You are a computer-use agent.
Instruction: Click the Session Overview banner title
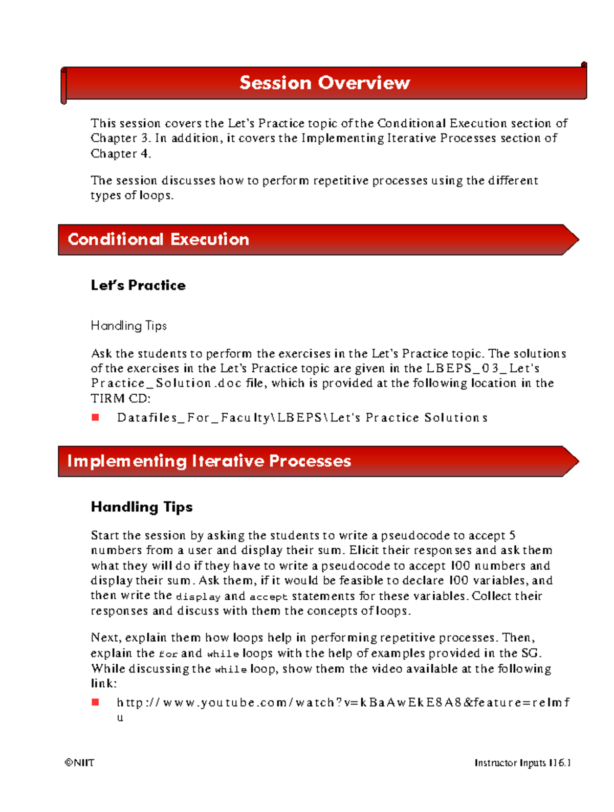pos(324,83)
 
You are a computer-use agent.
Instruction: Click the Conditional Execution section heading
pos(158,239)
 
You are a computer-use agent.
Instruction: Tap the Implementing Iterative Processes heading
pos(209,461)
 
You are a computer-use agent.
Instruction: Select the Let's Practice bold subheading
pos(138,285)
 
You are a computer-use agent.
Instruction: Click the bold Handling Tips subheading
pos(142,507)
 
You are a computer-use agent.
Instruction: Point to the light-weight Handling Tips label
pos(128,326)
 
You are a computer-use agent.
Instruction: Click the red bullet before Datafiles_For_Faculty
pos(95,418)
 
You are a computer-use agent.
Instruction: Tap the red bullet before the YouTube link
pos(95,703)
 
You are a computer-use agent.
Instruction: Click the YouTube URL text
pos(343,703)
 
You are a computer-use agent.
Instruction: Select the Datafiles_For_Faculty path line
pos(302,418)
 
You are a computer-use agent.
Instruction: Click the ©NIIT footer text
pos(79,763)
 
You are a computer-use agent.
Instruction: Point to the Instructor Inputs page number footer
pos(522,763)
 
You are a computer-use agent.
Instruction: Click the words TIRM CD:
pos(121,398)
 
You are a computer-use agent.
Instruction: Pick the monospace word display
pos(198,597)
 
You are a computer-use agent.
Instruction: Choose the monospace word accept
pos(268,597)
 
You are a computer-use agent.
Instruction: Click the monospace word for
pos(168,654)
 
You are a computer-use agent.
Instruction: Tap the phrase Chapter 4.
pos(121,153)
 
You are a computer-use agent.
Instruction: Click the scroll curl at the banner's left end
pos(63,85)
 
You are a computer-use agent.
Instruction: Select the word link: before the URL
pos(104,684)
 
